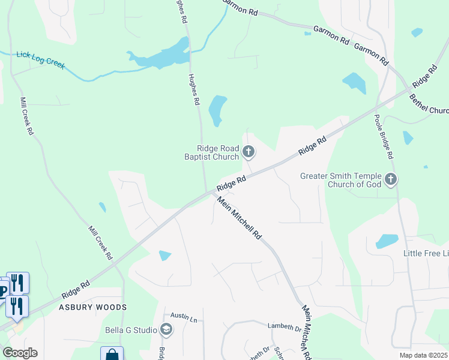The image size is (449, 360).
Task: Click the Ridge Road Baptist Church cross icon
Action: tap(249, 152)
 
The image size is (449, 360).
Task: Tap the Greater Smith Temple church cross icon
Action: tap(391, 179)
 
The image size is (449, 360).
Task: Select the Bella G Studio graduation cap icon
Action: tap(166, 329)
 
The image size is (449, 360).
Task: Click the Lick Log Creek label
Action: tap(40, 60)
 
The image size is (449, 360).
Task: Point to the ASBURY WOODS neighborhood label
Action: tap(92, 307)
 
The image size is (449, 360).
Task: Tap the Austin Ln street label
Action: tap(184, 316)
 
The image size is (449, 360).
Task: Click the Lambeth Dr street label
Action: tap(285, 328)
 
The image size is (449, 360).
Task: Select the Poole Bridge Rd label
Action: tap(384, 136)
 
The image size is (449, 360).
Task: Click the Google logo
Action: tap(20, 353)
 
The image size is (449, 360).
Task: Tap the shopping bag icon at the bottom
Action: tap(112, 355)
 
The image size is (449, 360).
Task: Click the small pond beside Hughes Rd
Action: tap(217, 110)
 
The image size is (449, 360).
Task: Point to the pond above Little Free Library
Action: tap(387, 241)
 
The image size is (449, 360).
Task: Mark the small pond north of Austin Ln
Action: tap(164, 256)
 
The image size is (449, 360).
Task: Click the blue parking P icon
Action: tap(3, 292)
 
